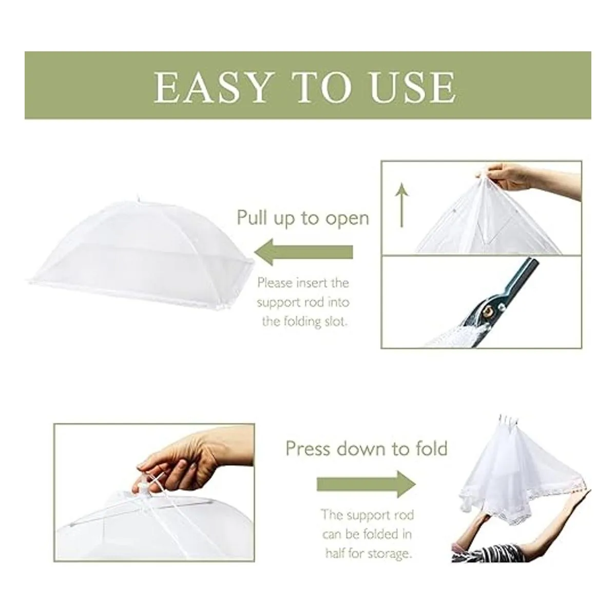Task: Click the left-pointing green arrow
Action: pyautogui.click(x=304, y=252)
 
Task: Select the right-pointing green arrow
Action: pyautogui.click(x=367, y=484)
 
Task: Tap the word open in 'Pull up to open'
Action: pyautogui.click(x=347, y=219)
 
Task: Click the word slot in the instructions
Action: pyautogui.click(x=336, y=321)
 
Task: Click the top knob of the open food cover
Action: pyautogui.click(x=138, y=197)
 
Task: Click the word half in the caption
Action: pyautogui.click(x=335, y=553)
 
